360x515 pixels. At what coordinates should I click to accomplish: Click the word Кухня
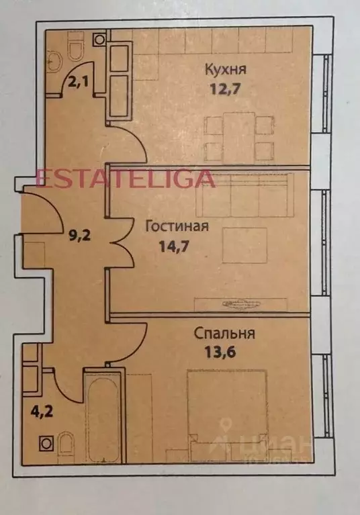pyautogui.click(x=225, y=68)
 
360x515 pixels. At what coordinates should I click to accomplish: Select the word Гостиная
pyautogui.click(x=177, y=226)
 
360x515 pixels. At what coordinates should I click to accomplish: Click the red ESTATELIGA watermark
pyautogui.click(x=125, y=179)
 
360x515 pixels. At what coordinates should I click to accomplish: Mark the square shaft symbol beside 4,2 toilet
pyautogui.click(x=45, y=443)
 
